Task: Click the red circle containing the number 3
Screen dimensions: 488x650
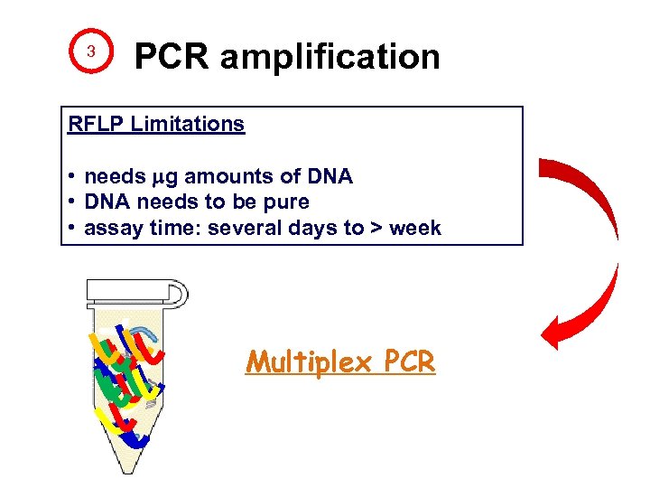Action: tap(90, 52)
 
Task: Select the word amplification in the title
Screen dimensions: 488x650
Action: tap(330, 58)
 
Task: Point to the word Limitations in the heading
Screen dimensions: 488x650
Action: tap(187, 124)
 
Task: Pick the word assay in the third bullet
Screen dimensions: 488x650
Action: tap(110, 229)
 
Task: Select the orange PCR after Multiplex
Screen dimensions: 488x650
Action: tap(409, 362)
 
